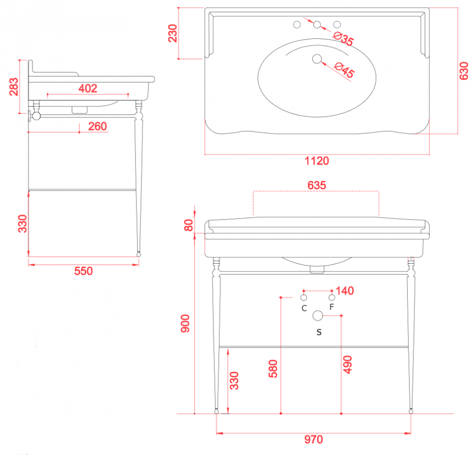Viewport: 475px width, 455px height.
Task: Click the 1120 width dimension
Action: pyautogui.click(x=316, y=161)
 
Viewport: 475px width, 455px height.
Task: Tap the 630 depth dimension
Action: pyautogui.click(x=464, y=71)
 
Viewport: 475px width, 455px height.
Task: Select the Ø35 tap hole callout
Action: pyautogui.click(x=343, y=39)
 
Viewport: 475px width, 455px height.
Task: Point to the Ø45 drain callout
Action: pyautogui.click(x=344, y=70)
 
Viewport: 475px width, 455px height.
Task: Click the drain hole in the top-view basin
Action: pyautogui.click(x=317, y=59)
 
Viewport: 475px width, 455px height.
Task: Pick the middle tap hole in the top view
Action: pyautogui.click(x=317, y=25)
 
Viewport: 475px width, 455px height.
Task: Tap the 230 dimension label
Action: pyautogui.click(x=173, y=33)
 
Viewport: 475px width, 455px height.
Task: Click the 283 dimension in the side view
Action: pyautogui.click(x=14, y=87)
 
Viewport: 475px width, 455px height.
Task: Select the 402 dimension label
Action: pyautogui.click(x=88, y=88)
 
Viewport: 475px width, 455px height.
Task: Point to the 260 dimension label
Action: pyautogui.click(x=98, y=126)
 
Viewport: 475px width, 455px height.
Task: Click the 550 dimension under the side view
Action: pyautogui.click(x=83, y=271)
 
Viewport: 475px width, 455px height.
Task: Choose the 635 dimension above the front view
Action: pyautogui.click(x=317, y=185)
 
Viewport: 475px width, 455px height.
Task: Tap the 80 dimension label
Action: pyautogui.click(x=188, y=225)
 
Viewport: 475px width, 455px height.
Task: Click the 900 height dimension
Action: pyautogui.click(x=185, y=324)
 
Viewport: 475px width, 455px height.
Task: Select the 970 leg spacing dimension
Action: pyautogui.click(x=313, y=439)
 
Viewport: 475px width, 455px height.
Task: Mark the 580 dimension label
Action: pyautogui.click(x=273, y=369)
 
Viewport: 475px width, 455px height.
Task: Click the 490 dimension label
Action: pyautogui.click(x=348, y=365)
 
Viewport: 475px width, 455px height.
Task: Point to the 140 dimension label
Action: pyautogui.click(x=345, y=291)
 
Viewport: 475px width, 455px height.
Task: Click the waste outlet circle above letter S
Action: pyautogui.click(x=318, y=316)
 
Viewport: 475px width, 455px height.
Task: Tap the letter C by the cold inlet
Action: pyautogui.click(x=304, y=308)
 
